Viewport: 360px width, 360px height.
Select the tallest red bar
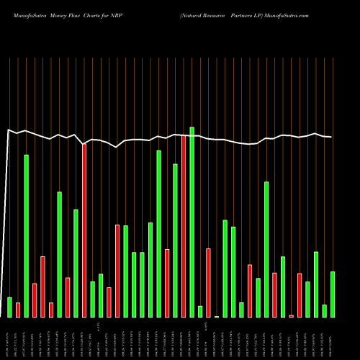pos(184,226)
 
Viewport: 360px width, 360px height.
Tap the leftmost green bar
pos(9,307)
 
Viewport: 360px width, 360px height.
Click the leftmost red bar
pos(18,310)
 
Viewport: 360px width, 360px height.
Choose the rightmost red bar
pos(300,295)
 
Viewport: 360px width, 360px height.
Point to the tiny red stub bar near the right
pos(291,315)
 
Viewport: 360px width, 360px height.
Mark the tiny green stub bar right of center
pos(217,316)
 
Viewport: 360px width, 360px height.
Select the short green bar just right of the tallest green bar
pos(200,311)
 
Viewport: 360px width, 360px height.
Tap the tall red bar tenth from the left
pos(84,230)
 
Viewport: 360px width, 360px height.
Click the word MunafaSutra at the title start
pos(22,14)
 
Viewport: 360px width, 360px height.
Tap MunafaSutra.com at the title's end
pos(287,14)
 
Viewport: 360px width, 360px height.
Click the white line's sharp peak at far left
pos(8,130)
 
